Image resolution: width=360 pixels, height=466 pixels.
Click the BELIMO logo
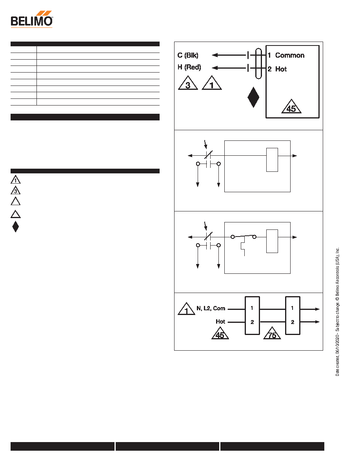point(32,19)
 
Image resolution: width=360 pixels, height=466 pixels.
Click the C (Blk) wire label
point(188,55)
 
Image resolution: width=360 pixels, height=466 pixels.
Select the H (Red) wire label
point(189,67)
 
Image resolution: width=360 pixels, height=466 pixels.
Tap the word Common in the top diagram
point(289,55)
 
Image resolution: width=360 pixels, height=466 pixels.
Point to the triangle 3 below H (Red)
point(188,83)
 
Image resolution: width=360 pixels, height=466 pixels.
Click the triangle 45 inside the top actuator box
point(291,106)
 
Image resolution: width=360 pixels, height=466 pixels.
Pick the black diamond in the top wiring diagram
point(253,97)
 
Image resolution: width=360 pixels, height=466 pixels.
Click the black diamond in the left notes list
point(15,227)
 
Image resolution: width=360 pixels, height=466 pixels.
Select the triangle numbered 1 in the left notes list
point(15,180)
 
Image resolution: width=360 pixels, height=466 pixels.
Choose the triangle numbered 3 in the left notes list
point(15,190)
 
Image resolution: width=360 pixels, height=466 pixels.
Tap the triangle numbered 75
point(272,333)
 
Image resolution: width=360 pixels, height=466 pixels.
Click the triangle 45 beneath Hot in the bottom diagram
point(220,333)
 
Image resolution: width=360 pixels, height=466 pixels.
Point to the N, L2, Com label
point(211,308)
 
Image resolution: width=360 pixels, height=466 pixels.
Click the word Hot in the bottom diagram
point(220,322)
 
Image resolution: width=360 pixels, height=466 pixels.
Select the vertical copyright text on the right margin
point(337,312)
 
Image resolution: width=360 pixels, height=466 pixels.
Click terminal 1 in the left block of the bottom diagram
point(252,308)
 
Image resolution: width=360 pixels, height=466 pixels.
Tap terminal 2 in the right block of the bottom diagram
point(293,322)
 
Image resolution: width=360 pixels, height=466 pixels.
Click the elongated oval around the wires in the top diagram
point(258,63)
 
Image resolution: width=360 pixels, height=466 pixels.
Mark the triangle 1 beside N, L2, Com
point(186,309)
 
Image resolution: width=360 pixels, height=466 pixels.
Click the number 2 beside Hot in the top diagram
point(269,69)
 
